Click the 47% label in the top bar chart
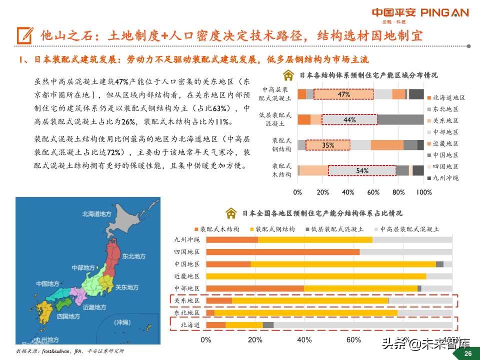[343, 94]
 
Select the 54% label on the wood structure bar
[362, 170]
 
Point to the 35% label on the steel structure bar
[328, 145]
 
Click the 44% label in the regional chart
[349, 119]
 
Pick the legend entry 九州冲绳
[445, 178]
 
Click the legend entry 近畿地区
[445, 143]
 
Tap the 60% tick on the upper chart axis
[373, 192]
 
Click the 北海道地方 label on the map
[97, 214]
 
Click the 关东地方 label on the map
[127, 287]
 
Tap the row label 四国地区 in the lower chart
[186, 251]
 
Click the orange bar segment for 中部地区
[254, 288]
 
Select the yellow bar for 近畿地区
[315, 276]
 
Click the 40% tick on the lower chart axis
[304, 340]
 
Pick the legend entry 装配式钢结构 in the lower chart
[274, 228]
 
